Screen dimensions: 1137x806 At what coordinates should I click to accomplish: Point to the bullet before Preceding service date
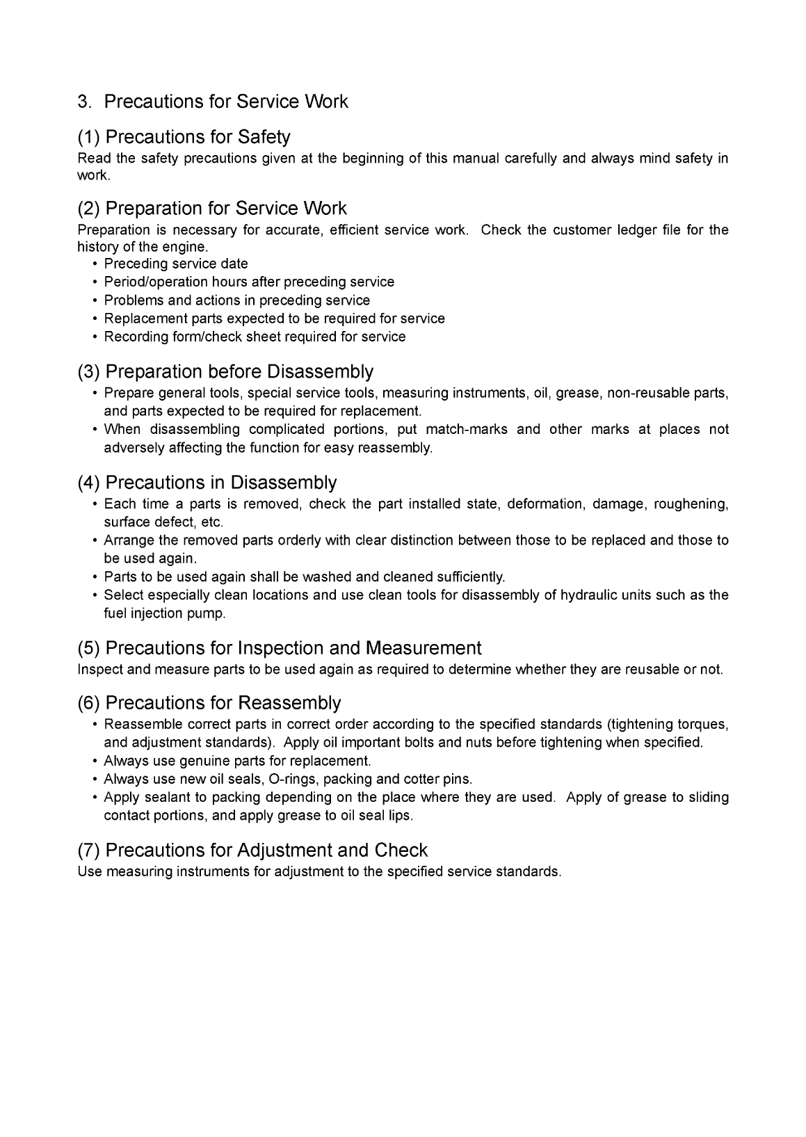[94, 264]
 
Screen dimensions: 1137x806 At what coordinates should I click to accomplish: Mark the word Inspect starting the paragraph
[98, 670]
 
